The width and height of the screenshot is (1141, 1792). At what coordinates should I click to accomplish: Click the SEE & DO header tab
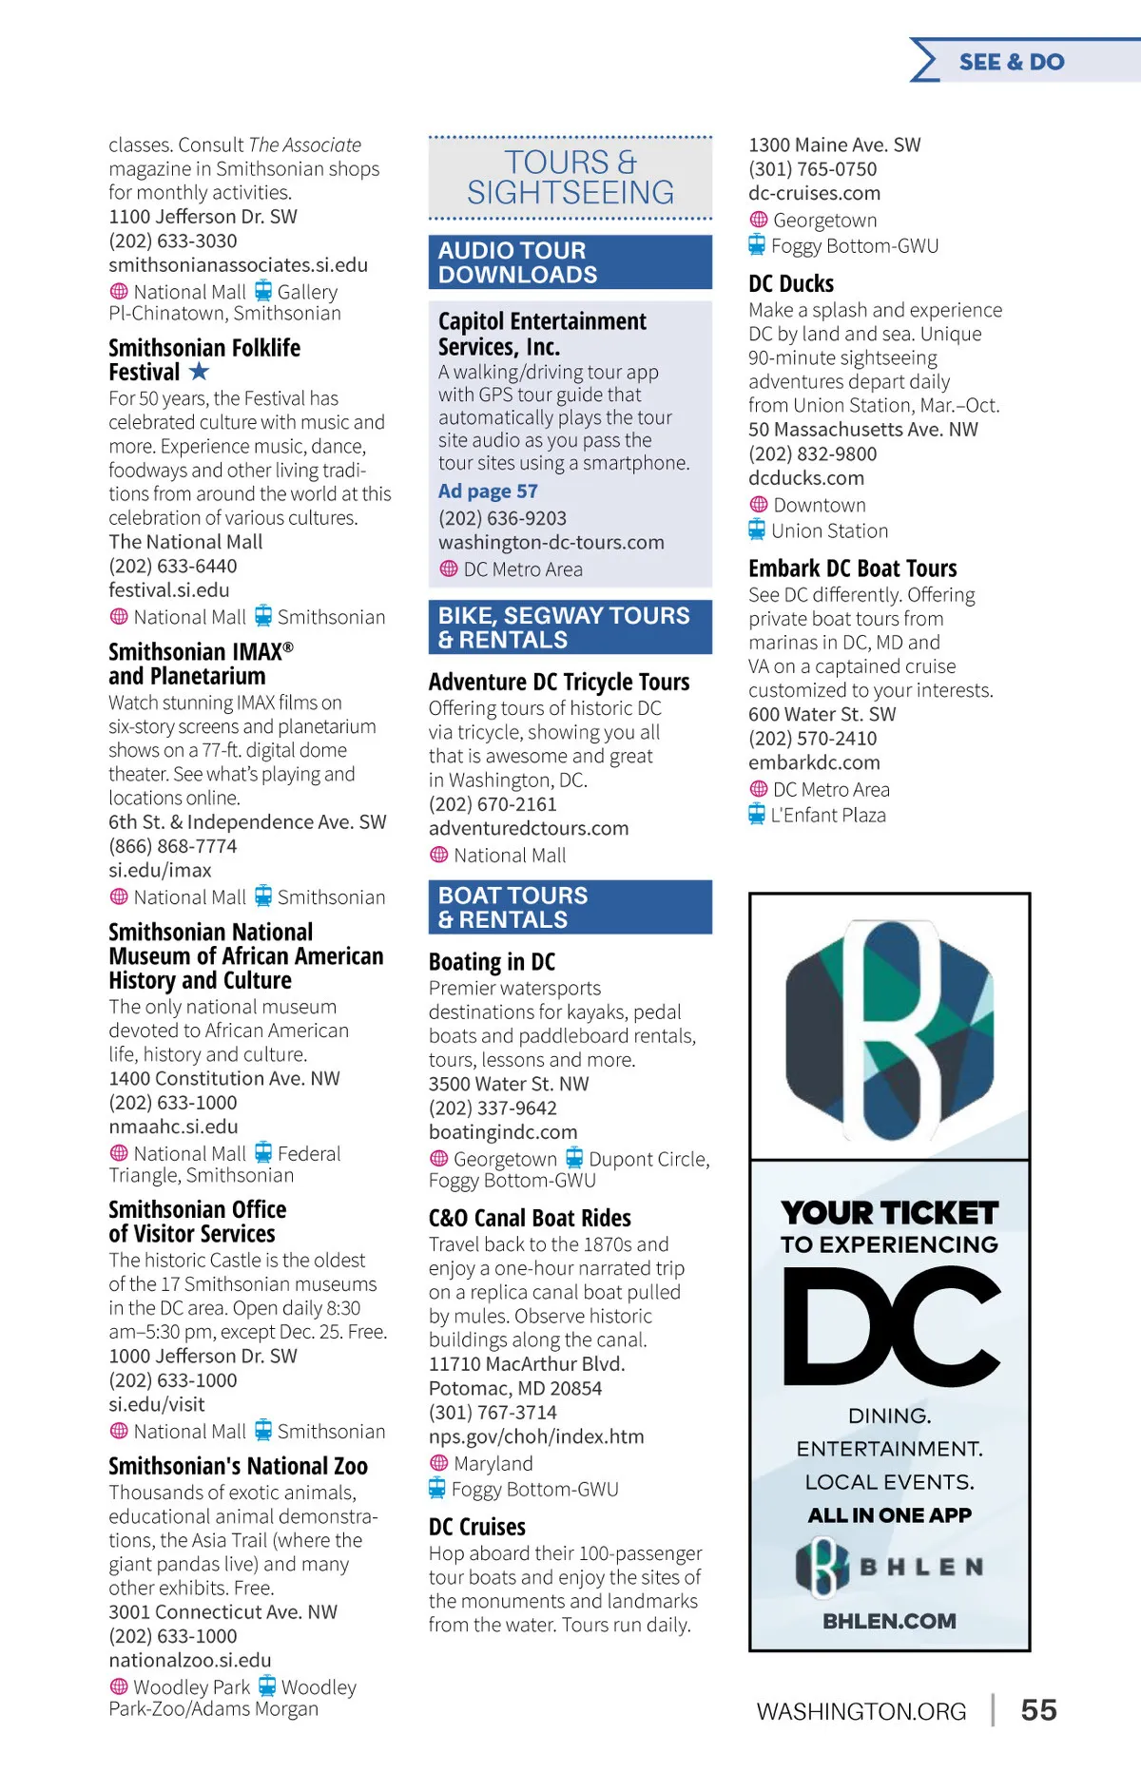[1012, 62]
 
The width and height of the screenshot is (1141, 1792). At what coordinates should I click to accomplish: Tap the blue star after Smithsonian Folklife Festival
[199, 372]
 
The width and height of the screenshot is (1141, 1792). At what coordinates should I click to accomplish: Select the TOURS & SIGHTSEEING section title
[570, 178]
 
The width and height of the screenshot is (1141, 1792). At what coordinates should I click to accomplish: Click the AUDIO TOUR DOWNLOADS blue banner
[570, 262]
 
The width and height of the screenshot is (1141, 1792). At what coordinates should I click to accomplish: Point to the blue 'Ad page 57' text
[488, 491]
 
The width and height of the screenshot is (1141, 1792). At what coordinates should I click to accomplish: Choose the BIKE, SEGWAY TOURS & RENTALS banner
[570, 627]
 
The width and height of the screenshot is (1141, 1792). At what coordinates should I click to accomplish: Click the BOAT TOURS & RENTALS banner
[570, 907]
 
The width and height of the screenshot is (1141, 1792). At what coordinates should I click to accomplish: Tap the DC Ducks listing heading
[791, 283]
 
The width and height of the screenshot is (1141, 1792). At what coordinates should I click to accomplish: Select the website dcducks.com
[805, 478]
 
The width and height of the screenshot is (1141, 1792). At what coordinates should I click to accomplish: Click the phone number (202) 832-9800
[812, 454]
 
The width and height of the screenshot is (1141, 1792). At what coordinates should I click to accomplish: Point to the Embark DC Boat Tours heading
[852, 568]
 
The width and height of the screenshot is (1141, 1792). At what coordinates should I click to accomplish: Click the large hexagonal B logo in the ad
[889, 1030]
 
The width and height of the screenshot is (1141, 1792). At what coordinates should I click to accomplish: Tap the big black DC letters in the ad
[891, 1326]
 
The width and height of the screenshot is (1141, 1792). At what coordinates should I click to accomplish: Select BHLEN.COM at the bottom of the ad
[889, 1621]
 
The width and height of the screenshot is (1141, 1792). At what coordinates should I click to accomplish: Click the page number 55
[1038, 1710]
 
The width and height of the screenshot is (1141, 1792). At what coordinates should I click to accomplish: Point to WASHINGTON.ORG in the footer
[861, 1711]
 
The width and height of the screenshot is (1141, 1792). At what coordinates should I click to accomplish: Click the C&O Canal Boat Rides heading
[530, 1218]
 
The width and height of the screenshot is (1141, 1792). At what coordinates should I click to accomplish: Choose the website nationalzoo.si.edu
[189, 1660]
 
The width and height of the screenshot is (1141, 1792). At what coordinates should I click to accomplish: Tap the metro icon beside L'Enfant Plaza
[757, 815]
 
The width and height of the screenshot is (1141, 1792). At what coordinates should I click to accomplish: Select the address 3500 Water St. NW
[508, 1084]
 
